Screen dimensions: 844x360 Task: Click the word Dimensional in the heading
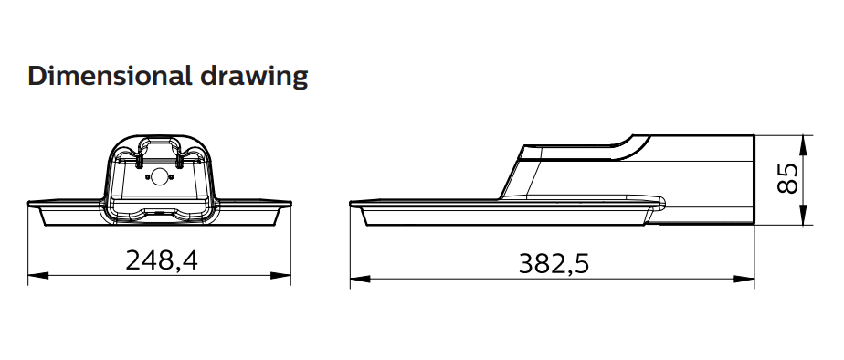[110, 76]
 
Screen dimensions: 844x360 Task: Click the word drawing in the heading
[254, 78]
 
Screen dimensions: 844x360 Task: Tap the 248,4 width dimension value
[162, 260]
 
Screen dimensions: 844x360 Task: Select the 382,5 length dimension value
[554, 264]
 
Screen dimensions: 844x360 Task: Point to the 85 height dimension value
[787, 178]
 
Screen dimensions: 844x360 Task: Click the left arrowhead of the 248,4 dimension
[37, 276]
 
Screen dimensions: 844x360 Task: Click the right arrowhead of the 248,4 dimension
[281, 276]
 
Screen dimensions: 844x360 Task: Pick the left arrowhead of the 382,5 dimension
[360, 279]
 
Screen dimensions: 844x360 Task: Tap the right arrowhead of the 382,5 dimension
[744, 279]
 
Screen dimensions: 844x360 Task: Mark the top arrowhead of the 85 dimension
[803, 145]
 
